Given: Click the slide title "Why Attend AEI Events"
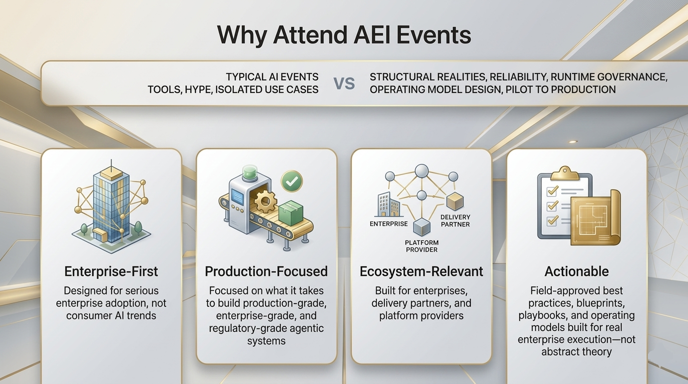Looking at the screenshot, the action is click(x=344, y=35).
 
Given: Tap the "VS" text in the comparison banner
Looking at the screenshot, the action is click(x=344, y=83).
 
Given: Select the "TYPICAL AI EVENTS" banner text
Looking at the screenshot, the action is click(x=272, y=76).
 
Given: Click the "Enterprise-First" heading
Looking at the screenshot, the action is click(x=111, y=271).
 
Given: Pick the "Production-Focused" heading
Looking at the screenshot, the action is click(x=266, y=271).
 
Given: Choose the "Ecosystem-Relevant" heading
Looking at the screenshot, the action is click(x=421, y=271).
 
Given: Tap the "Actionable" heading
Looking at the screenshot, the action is click(x=576, y=271).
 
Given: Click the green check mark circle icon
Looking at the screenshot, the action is click(x=292, y=181).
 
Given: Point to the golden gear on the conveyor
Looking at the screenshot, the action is click(x=265, y=201).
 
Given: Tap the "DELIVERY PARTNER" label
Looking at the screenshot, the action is click(x=455, y=220).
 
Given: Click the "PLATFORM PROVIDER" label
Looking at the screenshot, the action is click(x=422, y=246).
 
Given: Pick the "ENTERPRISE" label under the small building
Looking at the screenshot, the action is click(x=389, y=224).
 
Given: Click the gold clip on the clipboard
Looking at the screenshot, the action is click(x=565, y=173).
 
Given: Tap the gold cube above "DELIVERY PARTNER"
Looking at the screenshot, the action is click(x=455, y=201).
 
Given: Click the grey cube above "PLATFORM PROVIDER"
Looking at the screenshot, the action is click(x=422, y=227).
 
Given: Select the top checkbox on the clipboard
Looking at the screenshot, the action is click(x=552, y=191).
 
